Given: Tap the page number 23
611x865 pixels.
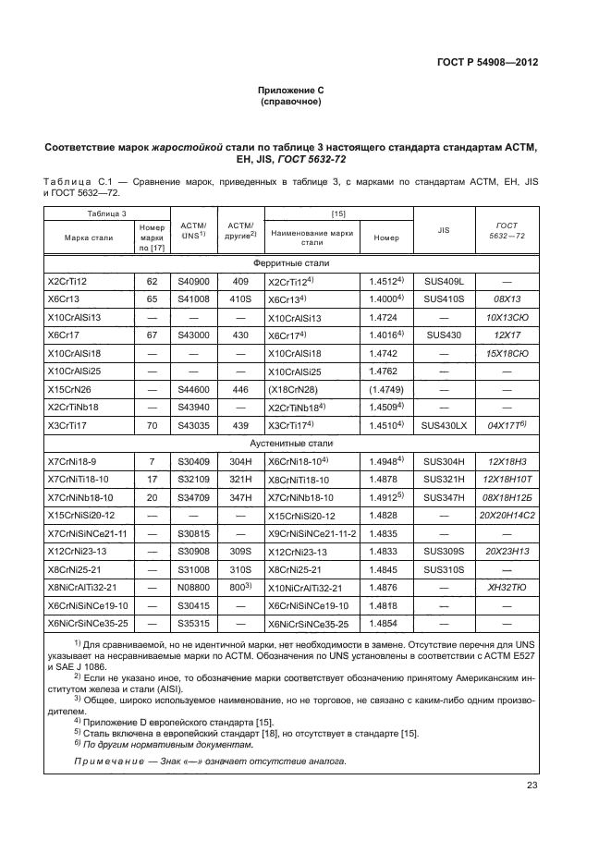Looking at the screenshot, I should pos(532,786).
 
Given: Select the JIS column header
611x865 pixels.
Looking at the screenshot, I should pos(442,231).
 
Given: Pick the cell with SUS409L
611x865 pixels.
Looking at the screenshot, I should pos(442,280).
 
